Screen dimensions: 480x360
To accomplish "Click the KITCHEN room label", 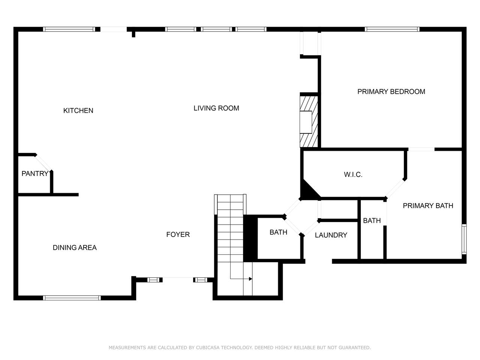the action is [x=78, y=111].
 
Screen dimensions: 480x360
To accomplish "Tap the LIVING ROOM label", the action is [x=216, y=108].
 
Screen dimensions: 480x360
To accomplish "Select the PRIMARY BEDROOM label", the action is [x=391, y=91].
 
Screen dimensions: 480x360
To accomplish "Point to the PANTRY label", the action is [x=35, y=174].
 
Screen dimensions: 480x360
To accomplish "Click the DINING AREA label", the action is [x=75, y=247].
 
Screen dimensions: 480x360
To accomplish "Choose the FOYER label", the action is [x=178, y=234].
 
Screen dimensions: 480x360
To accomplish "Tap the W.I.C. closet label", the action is [x=353, y=175].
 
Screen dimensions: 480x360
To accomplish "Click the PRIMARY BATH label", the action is [x=428, y=205].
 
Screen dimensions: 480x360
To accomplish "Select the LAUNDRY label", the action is [x=331, y=235].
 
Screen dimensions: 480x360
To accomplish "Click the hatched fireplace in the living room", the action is [x=309, y=122].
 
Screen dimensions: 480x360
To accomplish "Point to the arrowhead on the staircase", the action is [x=250, y=279].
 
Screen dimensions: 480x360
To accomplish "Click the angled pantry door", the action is [x=43, y=163].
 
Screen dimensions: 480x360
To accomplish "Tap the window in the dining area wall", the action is [x=72, y=298].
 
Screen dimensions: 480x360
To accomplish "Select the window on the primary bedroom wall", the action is [x=392, y=29].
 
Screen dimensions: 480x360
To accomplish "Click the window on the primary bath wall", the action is [x=464, y=239].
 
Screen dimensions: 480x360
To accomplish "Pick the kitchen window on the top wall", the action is [x=69, y=29].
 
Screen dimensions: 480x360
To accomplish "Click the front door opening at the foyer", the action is [x=178, y=278].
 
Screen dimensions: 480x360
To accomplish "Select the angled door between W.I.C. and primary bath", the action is [x=395, y=189].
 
